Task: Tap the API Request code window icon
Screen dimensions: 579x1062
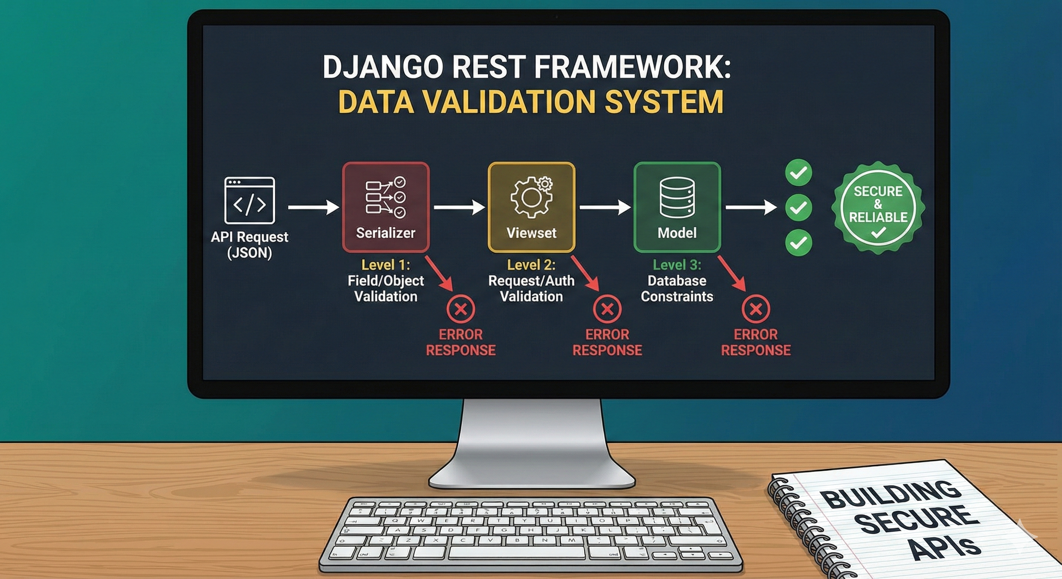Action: pyautogui.click(x=249, y=200)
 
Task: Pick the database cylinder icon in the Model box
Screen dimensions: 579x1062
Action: pyautogui.click(x=677, y=197)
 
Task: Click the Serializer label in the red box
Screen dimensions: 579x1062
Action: pyautogui.click(x=385, y=233)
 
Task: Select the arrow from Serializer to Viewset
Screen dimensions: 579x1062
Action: pyautogui.click(x=459, y=207)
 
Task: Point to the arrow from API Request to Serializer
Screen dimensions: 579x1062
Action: pyautogui.click(x=313, y=207)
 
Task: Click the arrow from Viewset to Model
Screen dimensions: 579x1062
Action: pyautogui.click(x=605, y=207)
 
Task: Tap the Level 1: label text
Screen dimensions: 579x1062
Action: pyautogui.click(x=385, y=265)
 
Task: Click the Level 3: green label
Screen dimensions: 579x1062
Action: pyautogui.click(x=677, y=265)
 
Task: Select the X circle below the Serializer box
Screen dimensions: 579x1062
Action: pyautogui.click(x=461, y=309)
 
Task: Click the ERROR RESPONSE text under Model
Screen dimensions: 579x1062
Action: pyautogui.click(x=756, y=342)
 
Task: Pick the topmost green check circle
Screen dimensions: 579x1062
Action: pyautogui.click(x=798, y=172)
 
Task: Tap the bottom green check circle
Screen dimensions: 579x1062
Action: pyautogui.click(x=798, y=242)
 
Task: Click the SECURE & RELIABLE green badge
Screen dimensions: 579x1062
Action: pyautogui.click(x=878, y=207)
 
